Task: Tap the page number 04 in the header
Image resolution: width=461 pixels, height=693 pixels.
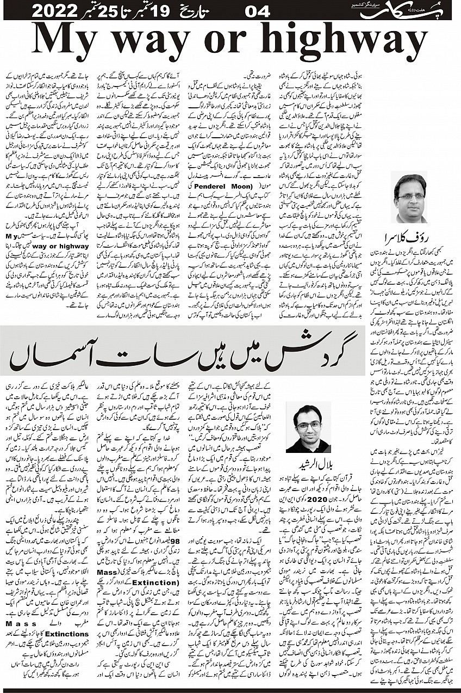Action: click(x=259, y=10)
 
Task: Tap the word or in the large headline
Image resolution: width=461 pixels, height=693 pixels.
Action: click(x=230, y=43)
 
